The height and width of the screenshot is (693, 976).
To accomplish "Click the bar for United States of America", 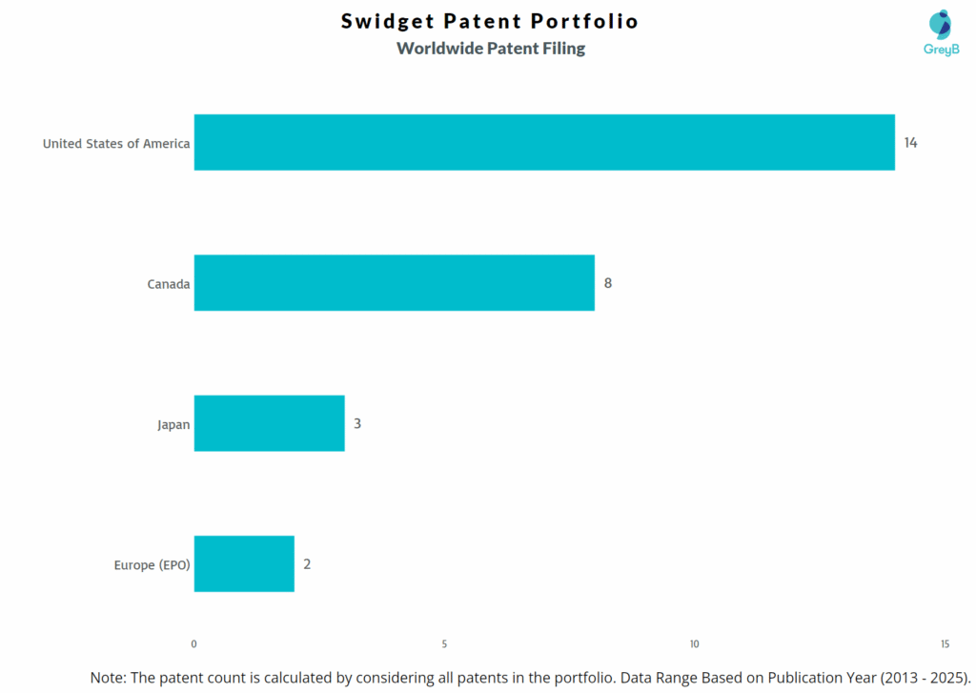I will coord(544,143).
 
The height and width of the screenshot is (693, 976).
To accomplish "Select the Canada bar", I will coord(394,283).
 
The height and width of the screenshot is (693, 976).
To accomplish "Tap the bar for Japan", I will coord(269,423).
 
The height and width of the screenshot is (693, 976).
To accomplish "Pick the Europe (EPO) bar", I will coord(244,563).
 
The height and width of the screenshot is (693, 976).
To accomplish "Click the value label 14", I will coord(910,143).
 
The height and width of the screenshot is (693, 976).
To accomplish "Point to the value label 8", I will coord(608,283).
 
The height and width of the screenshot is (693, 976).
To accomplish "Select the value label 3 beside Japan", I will coord(357,423).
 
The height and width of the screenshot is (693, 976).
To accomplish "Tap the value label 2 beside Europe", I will coord(307,563).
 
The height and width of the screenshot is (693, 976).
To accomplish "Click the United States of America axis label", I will coord(116,144).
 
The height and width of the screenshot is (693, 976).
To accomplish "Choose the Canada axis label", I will coord(169,284).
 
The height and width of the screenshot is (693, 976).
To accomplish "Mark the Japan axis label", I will coord(173,424).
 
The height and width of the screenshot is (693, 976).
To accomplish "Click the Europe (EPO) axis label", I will coord(152,565).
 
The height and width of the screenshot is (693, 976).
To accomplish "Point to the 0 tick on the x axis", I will coord(193,644).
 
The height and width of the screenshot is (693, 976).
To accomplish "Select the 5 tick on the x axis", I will coord(444,644).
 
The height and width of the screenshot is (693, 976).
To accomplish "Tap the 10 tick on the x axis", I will coord(695,644).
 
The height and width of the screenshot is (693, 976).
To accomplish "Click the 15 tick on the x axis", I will coord(945,644).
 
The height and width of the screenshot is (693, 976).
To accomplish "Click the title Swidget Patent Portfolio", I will coord(490,21).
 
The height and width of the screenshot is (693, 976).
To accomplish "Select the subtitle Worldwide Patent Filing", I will coord(491,48).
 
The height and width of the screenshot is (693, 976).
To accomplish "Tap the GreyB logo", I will coord(941,33).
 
